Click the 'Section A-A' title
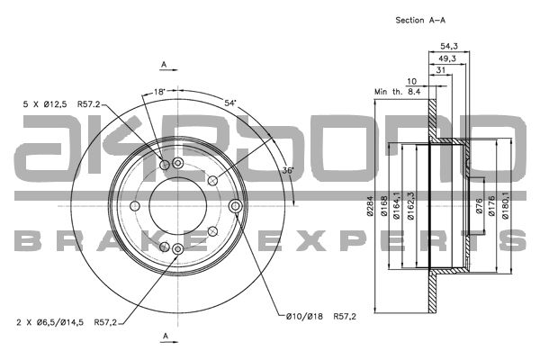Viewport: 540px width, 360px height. tap(420, 21)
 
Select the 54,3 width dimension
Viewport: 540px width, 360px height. tap(449, 46)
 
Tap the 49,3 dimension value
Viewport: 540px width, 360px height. tap(447, 58)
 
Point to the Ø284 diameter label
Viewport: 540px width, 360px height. tap(370, 206)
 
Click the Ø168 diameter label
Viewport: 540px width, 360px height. tap(384, 206)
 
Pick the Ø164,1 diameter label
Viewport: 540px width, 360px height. tap(396, 205)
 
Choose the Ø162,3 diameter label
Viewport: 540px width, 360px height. tap(410, 205)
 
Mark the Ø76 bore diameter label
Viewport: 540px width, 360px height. tap(479, 206)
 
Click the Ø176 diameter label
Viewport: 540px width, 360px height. tap(491, 206)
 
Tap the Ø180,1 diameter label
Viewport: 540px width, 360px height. tap(505, 205)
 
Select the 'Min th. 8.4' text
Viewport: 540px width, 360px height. tap(398, 92)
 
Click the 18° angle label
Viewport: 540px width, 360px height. tap(160, 92)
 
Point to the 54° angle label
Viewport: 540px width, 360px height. tap(230, 103)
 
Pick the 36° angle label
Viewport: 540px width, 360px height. tap(288, 170)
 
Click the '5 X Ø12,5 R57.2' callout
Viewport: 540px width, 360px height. tap(61, 104)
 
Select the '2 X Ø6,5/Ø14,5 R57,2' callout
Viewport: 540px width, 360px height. tap(67, 322)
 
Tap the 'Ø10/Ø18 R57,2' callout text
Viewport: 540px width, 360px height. tap(321, 316)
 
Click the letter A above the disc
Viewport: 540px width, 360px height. tap(165, 64)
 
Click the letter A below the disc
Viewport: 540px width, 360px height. tap(166, 336)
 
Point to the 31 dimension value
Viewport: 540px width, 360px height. tap(441, 70)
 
